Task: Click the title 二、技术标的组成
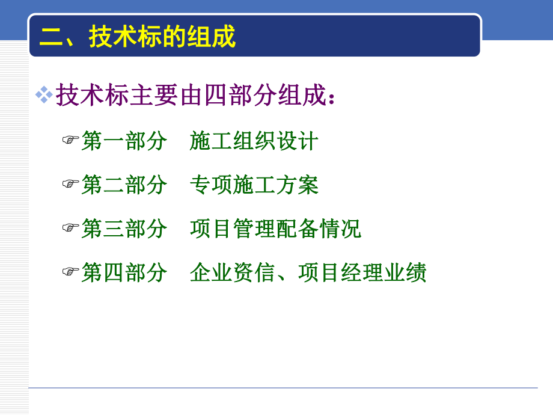[x=138, y=37]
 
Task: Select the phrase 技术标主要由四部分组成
[x=191, y=96]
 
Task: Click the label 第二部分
[x=124, y=185]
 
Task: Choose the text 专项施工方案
[x=254, y=185]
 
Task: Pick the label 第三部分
[x=124, y=229]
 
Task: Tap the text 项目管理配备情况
[x=276, y=229]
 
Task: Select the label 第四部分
[x=124, y=272]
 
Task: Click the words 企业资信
[x=233, y=272]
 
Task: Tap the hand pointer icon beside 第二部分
[x=71, y=184]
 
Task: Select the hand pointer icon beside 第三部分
[x=71, y=228]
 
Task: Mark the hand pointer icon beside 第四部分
[x=71, y=272]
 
